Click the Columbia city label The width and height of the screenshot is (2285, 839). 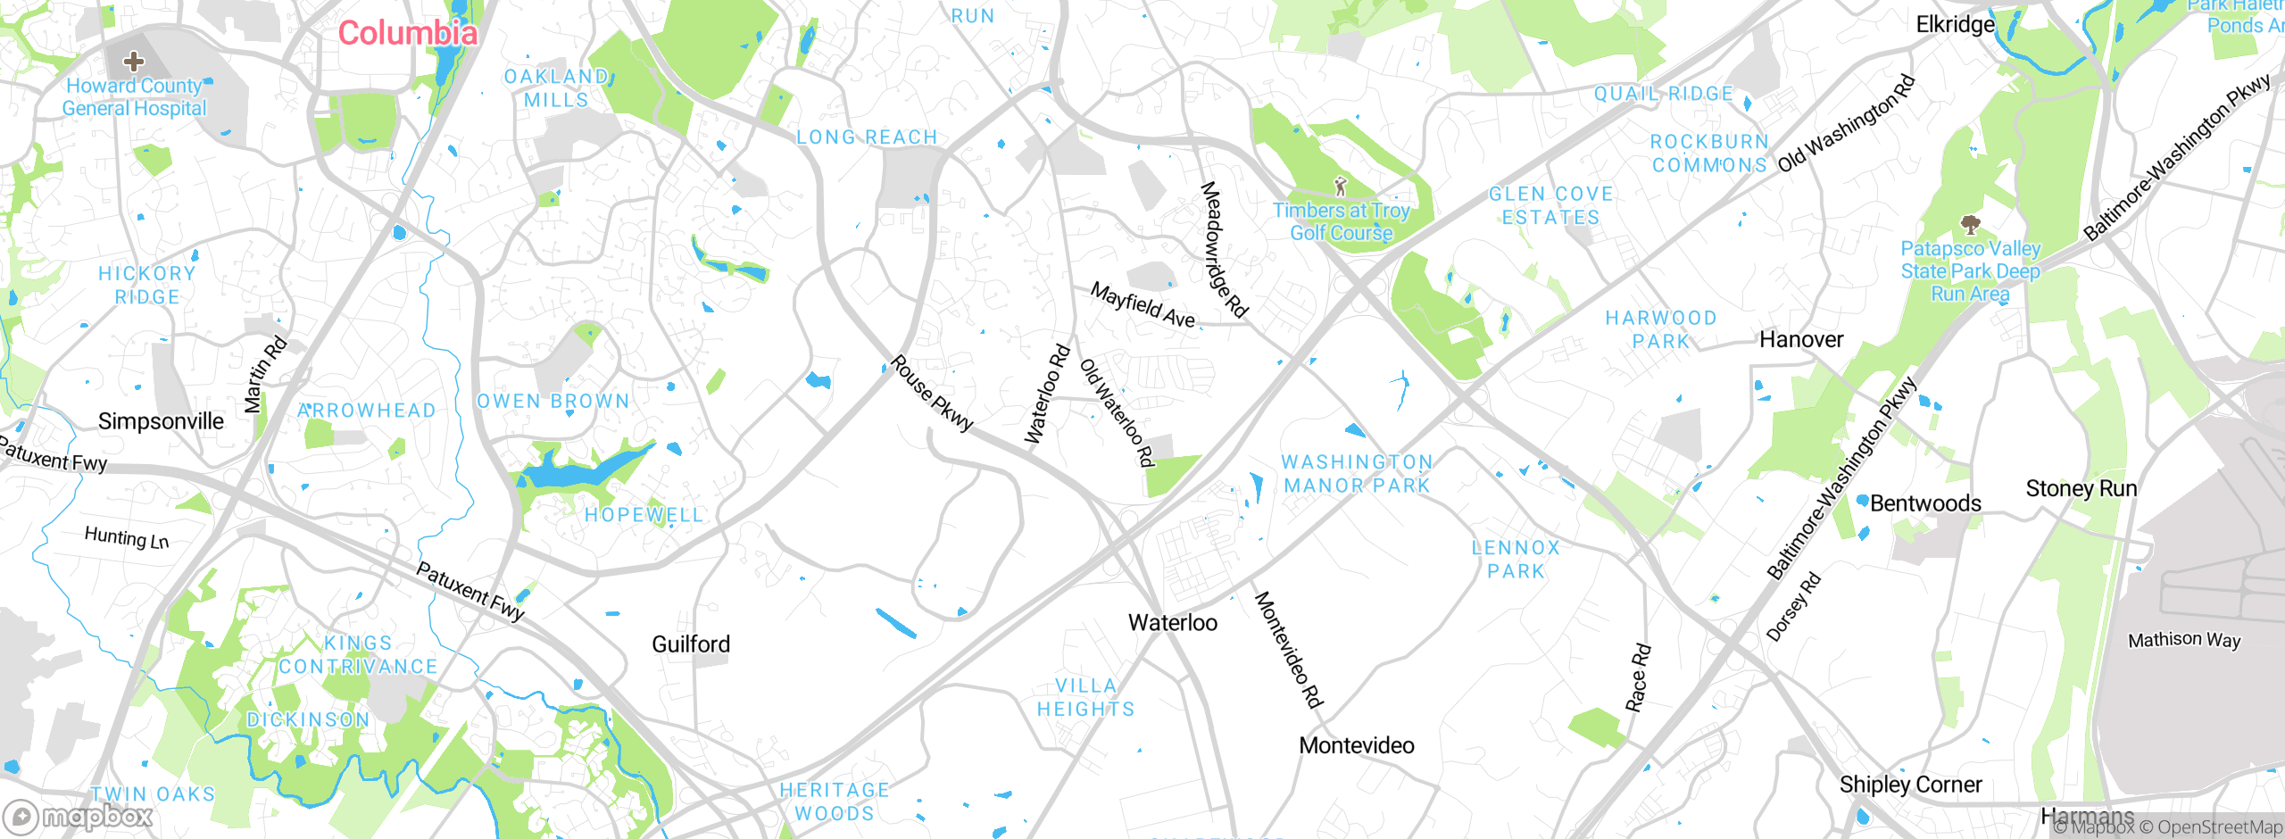pos(408,34)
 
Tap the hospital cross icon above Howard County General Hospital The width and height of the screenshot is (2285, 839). pos(134,61)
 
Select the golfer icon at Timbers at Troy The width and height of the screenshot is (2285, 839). pos(1340,186)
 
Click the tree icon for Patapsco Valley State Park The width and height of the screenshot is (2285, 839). pos(1970,223)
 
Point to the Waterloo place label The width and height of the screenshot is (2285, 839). pos(1172,623)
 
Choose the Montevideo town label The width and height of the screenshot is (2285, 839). pos(1356,745)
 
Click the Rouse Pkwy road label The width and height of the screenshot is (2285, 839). pos(932,394)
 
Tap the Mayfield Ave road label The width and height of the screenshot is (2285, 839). pos(1142,305)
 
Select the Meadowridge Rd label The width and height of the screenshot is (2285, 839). pos(1224,249)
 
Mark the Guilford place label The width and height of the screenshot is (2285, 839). pos(691,644)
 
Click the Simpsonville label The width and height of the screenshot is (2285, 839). pos(161,421)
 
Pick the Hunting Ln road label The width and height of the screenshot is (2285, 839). pos(127,537)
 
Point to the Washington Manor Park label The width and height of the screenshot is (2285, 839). pos(1357,474)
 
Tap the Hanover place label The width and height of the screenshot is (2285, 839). pos(1800,340)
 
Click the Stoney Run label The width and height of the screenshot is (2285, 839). pos(2081,489)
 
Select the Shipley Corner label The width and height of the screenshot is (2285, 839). pos(1910,785)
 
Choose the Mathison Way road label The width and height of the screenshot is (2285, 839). pos(2183,640)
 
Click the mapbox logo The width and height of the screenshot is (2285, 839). pos(79,817)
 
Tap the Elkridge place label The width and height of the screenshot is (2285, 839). pos(1955,25)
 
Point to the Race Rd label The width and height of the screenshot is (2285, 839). pos(1638,677)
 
